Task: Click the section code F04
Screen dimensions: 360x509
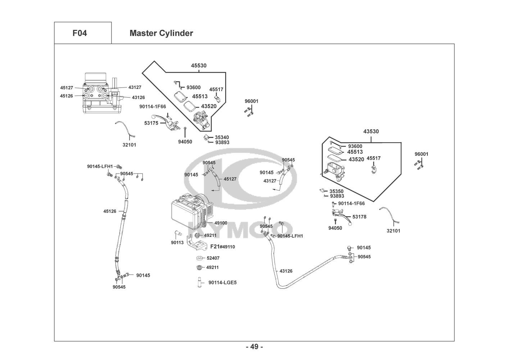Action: (x=79, y=33)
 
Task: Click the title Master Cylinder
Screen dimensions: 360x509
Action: (x=161, y=33)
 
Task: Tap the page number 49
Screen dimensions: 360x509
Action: (x=254, y=347)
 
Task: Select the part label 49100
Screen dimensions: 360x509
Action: (x=221, y=223)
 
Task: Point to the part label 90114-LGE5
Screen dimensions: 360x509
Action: (x=222, y=283)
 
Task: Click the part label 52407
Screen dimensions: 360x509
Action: (x=213, y=258)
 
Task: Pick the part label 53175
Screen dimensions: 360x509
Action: (x=151, y=123)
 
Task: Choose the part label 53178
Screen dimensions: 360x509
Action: (x=359, y=217)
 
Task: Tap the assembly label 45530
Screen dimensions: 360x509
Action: (x=199, y=66)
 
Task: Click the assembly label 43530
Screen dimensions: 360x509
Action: (x=371, y=131)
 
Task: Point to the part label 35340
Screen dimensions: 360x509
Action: (x=222, y=137)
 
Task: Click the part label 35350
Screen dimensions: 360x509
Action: (x=336, y=191)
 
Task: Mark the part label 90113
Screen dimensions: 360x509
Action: (x=177, y=243)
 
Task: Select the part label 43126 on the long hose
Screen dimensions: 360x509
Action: (x=286, y=271)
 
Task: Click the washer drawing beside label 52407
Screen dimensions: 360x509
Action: (x=199, y=258)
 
